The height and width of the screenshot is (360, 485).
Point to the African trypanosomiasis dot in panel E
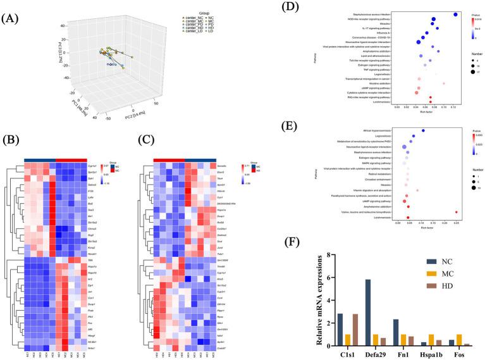click(423, 130)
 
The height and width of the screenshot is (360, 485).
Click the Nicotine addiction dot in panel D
click(443, 83)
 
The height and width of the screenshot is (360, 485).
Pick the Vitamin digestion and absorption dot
click(417, 190)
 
